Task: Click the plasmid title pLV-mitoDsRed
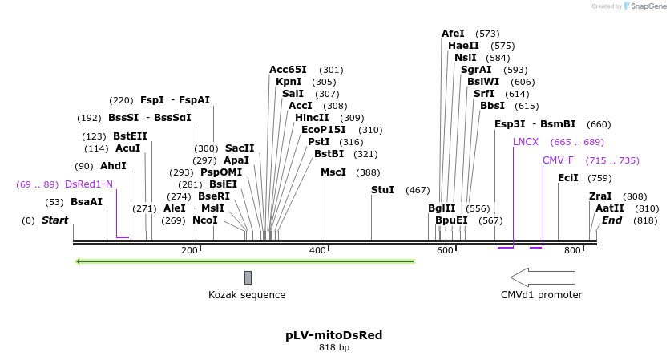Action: [334, 335]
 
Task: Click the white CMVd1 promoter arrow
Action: [543, 277]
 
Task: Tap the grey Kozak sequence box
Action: [248, 277]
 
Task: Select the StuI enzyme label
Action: [382, 190]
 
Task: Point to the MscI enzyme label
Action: [333, 172]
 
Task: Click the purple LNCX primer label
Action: [526, 142]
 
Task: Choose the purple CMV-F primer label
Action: [558, 160]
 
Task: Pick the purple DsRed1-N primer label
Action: [89, 184]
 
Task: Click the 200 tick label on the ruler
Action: [190, 251]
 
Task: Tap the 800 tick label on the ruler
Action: [572, 251]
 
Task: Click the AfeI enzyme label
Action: [453, 34]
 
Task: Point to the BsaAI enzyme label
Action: [87, 202]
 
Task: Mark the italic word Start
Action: [55, 220]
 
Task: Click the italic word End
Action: [612, 220]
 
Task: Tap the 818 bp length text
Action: [334, 348]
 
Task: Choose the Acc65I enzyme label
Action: [288, 70]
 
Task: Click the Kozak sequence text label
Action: [247, 295]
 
